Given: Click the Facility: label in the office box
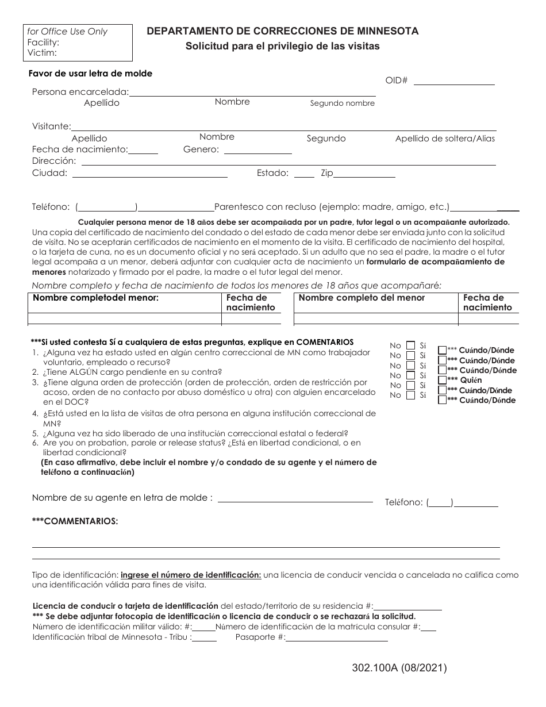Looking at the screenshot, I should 43,42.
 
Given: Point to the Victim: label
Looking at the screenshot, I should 42,52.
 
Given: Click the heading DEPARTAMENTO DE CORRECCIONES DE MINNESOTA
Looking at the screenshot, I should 282,31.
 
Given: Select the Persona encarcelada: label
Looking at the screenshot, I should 80,92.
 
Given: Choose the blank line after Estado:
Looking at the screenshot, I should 304,176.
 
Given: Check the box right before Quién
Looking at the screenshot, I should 442,380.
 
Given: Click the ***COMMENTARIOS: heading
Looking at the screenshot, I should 75,521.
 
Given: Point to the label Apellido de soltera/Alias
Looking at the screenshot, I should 445,139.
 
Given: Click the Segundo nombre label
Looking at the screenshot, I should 343,103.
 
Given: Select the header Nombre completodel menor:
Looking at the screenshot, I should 95,298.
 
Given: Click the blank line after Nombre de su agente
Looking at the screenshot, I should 295,501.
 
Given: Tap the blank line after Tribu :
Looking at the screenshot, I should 205,639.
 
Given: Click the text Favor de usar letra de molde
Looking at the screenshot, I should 90,74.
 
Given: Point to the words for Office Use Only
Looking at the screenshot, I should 67,32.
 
